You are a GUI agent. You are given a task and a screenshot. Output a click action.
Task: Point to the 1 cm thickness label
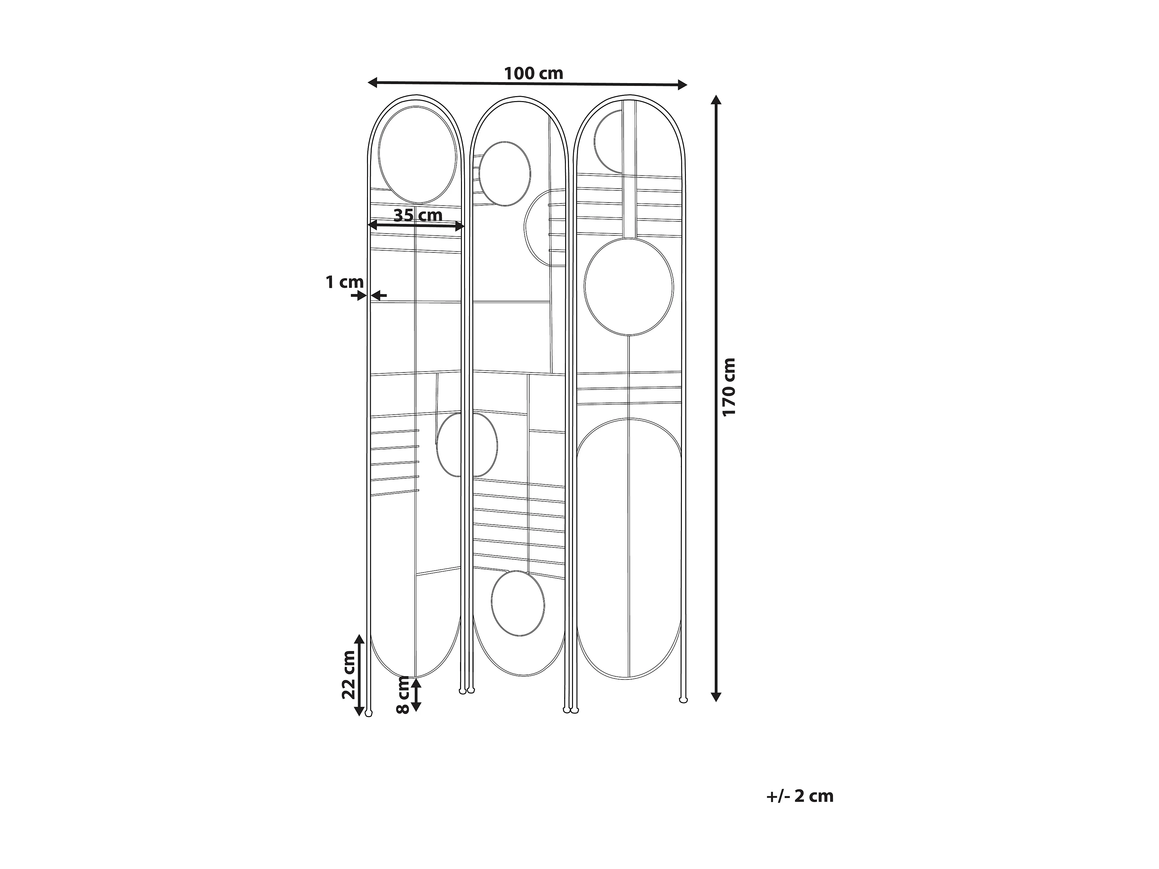[344, 282]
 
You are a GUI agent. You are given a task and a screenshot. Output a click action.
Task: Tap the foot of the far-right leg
[683, 699]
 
